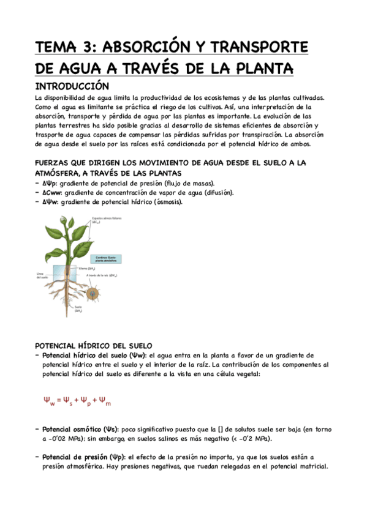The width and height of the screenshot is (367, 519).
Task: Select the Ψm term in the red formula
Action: (x=105, y=402)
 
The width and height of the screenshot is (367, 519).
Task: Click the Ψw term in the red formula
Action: (x=50, y=402)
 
